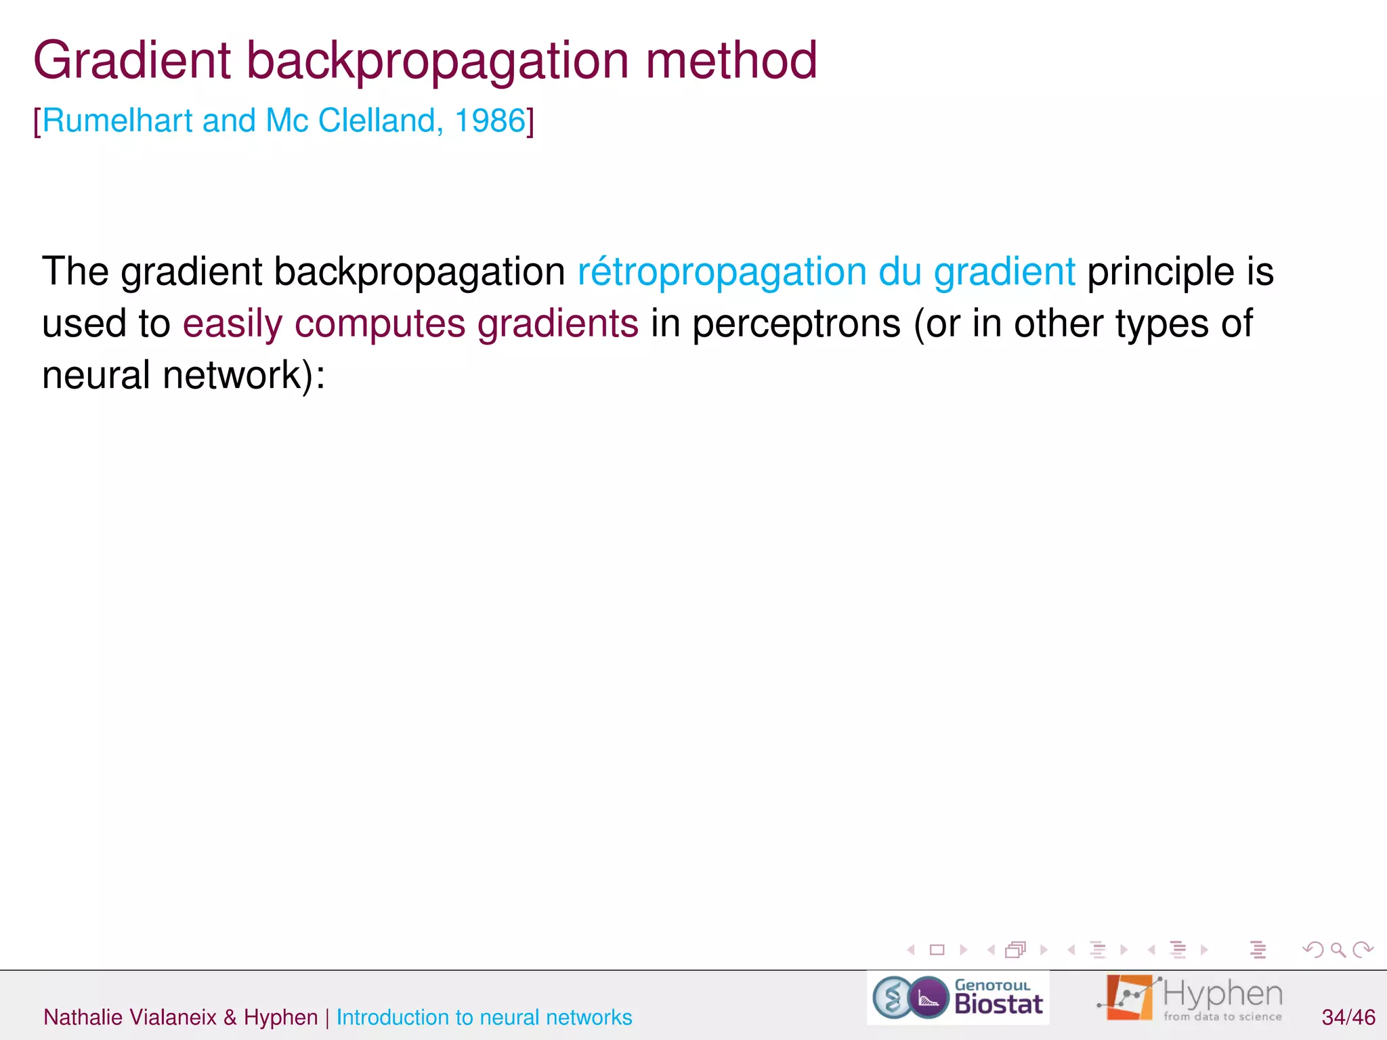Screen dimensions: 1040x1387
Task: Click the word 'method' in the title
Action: tap(731, 61)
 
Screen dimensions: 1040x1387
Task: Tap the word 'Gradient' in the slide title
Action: tap(132, 61)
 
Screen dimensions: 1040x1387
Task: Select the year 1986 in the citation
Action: tap(490, 121)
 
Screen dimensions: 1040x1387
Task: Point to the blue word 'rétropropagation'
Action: tap(721, 272)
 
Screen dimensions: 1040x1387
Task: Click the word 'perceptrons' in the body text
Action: tap(796, 324)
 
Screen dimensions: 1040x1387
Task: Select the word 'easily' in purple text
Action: tap(232, 324)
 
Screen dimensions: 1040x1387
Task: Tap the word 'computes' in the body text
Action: tap(380, 324)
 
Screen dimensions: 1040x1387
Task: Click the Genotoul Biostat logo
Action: tap(958, 998)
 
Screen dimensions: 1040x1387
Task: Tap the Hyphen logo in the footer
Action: tap(1192, 998)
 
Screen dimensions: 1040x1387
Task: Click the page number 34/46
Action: tap(1348, 1017)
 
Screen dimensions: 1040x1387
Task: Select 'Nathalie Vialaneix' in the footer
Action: tap(130, 1017)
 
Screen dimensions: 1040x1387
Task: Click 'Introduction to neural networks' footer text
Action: tap(484, 1017)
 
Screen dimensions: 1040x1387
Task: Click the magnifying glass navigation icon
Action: tap(1338, 950)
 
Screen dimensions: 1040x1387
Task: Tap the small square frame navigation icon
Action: tap(937, 950)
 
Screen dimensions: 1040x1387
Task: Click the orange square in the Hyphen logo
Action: tap(1129, 997)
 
